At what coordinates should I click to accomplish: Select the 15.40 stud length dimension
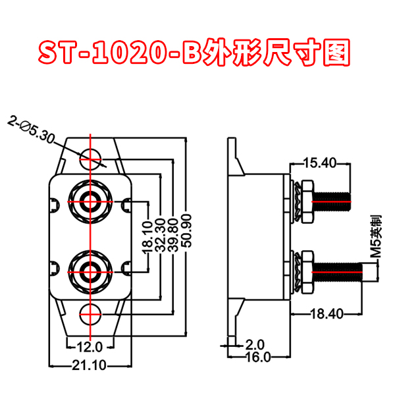pos(320,162)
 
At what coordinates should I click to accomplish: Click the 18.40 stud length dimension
pos(326,315)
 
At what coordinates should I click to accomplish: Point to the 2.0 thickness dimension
pos(254,344)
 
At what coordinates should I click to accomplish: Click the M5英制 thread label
pos(375,235)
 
